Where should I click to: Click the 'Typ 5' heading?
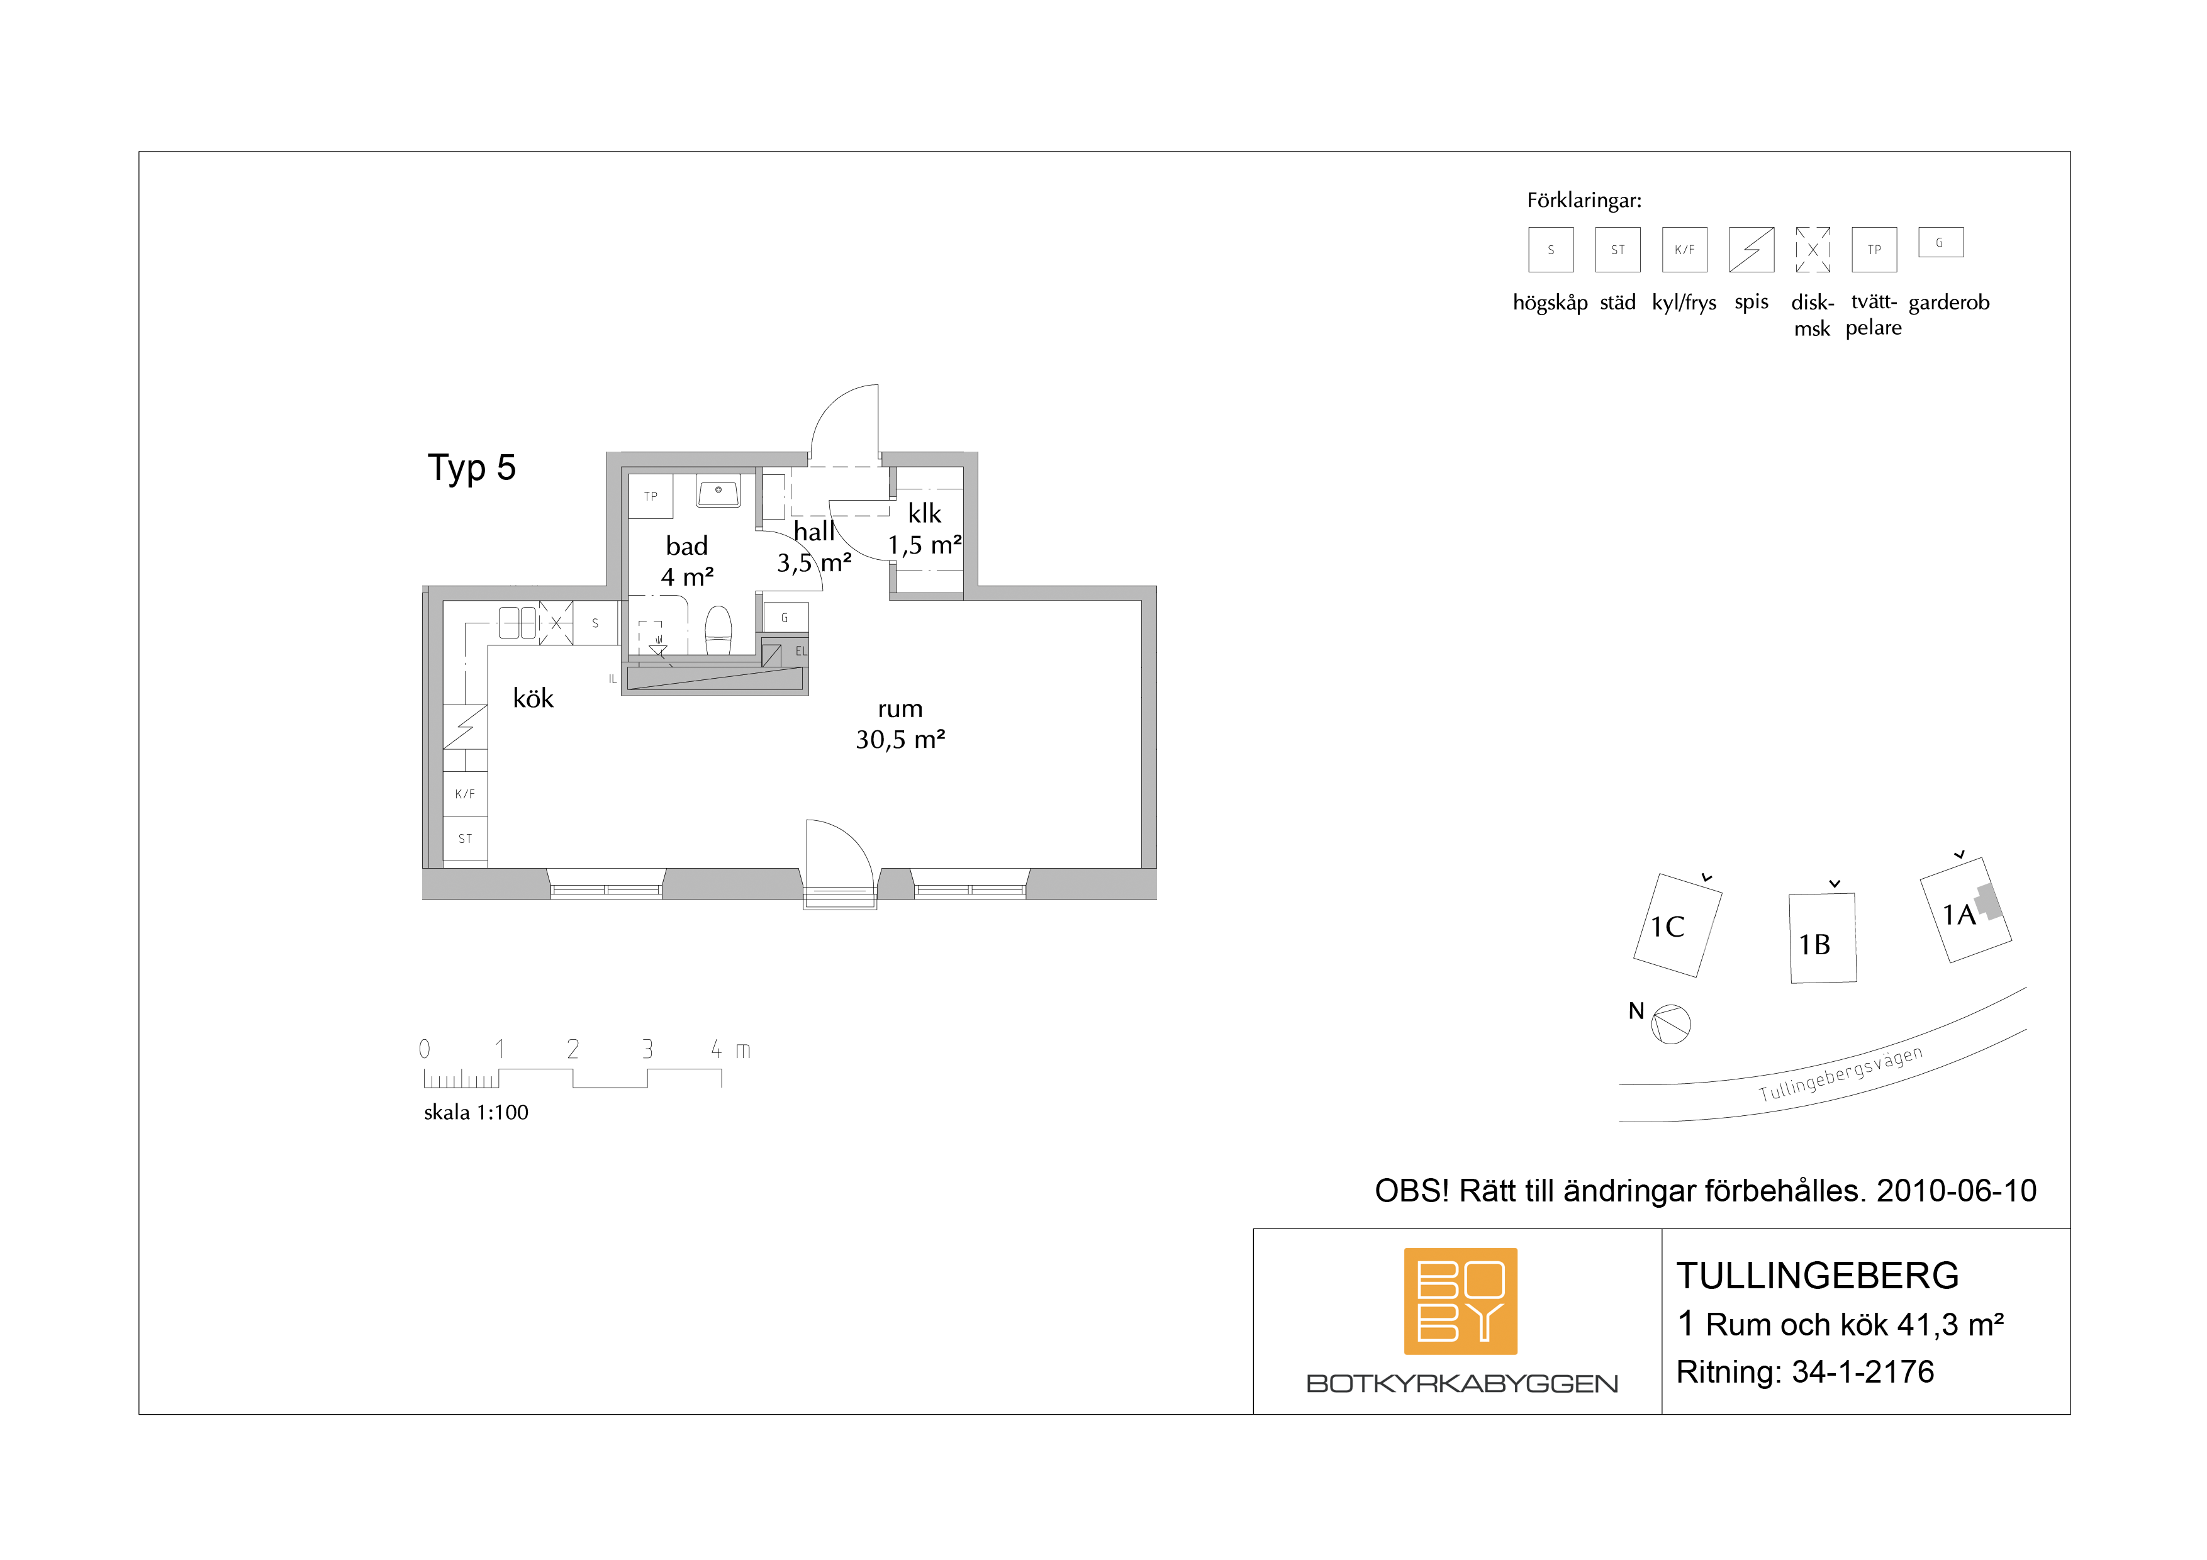click(472, 468)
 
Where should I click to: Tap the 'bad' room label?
click(686, 546)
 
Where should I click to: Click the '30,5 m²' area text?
click(901, 739)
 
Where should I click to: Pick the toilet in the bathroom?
click(718, 630)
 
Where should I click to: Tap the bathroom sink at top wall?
click(718, 493)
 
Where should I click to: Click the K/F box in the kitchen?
click(465, 794)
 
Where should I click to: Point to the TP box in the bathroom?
click(651, 496)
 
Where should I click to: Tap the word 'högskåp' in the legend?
click(1550, 303)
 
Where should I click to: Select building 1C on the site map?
click(1677, 925)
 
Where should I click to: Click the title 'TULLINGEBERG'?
click(1818, 1276)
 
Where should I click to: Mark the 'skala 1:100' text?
click(476, 1112)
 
